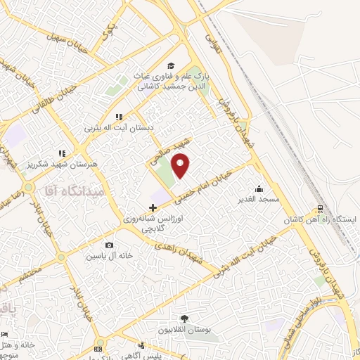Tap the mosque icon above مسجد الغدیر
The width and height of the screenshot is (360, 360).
[x=259, y=188]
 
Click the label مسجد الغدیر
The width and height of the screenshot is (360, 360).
[x=259, y=200]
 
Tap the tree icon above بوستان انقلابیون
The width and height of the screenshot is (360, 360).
[x=185, y=318]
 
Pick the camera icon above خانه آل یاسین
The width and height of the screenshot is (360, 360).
[x=108, y=245]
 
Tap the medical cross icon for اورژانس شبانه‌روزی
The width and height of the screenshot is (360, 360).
[x=153, y=207]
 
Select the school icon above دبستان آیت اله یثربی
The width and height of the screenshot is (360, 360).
[x=118, y=117]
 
